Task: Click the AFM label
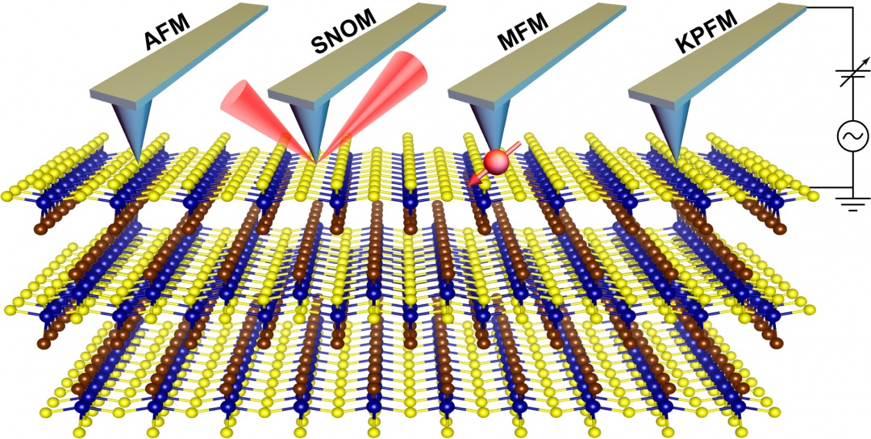(168, 33)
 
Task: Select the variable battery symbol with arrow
(852, 76)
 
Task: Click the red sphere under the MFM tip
(495, 161)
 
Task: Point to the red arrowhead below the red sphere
(473, 179)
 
